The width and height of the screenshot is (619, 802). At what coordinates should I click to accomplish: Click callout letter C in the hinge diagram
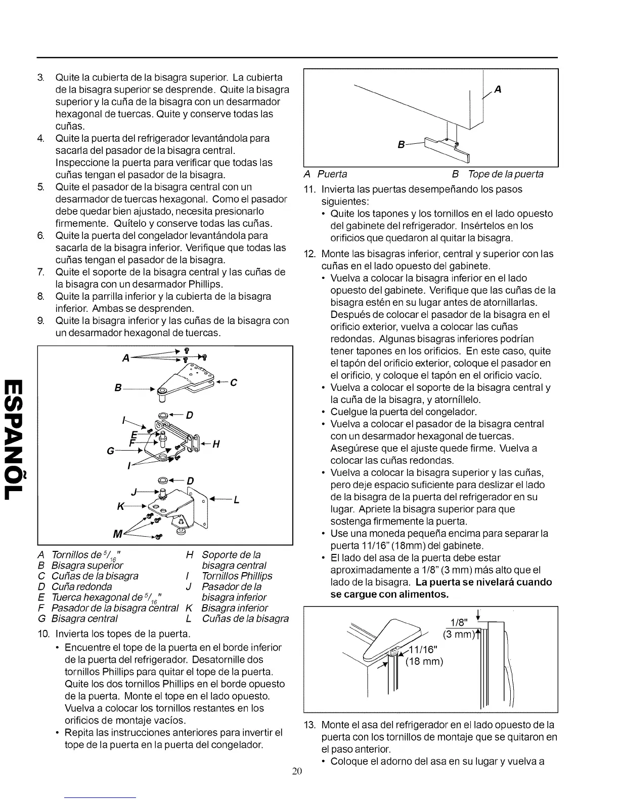[234, 383]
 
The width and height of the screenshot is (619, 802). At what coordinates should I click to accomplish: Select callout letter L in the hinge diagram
[236, 501]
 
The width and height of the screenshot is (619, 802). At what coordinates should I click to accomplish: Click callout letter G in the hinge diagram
[110, 450]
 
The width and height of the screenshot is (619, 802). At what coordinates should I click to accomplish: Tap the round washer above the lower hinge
[164, 479]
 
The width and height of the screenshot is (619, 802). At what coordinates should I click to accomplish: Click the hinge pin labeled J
[162, 494]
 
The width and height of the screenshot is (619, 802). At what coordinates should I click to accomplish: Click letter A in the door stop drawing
[498, 90]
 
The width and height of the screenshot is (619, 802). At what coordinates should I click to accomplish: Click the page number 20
[297, 772]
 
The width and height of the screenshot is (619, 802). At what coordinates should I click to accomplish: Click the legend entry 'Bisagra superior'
[87, 566]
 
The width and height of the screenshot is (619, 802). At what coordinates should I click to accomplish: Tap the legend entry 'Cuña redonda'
[82, 587]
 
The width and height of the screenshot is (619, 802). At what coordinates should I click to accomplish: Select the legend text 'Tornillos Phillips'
[237, 576]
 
